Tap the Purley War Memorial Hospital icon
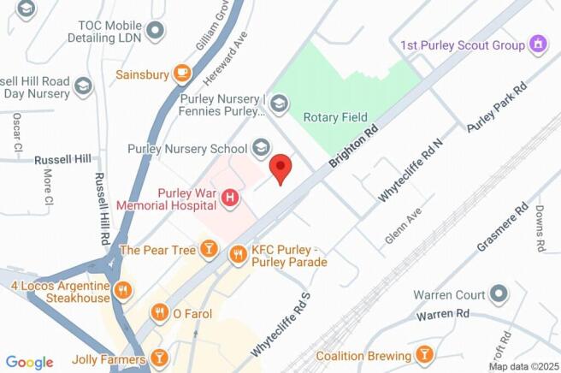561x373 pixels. pos(229,198)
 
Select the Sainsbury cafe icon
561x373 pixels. pos(182,74)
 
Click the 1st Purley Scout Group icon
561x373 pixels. pos(538,43)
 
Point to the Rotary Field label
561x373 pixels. pos(338,117)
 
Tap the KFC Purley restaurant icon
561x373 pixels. pos(238,253)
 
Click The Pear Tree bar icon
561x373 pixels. pos(208,250)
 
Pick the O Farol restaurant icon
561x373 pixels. pos(158,313)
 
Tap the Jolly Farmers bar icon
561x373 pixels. pos(158,357)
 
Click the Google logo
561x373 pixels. pos(29,362)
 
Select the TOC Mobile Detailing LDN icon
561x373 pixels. pos(155,32)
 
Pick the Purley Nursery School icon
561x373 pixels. pos(262,148)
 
